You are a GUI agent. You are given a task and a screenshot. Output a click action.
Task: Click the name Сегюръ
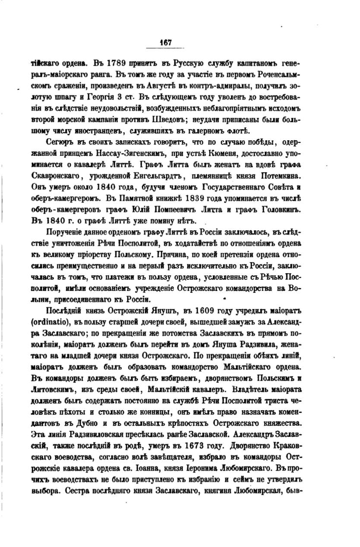(58, 142)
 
